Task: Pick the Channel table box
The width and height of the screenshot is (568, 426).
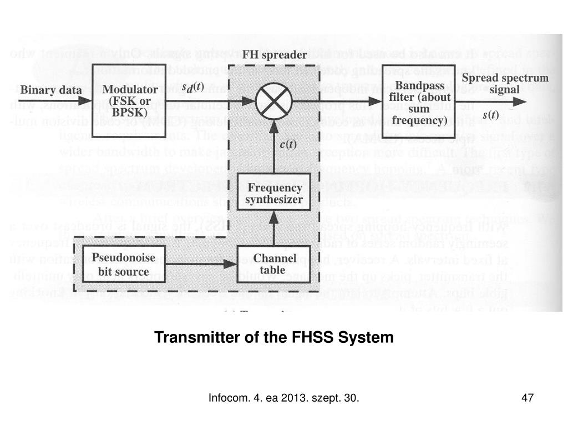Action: point(272,264)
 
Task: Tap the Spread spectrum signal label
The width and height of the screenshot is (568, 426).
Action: point(505,84)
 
